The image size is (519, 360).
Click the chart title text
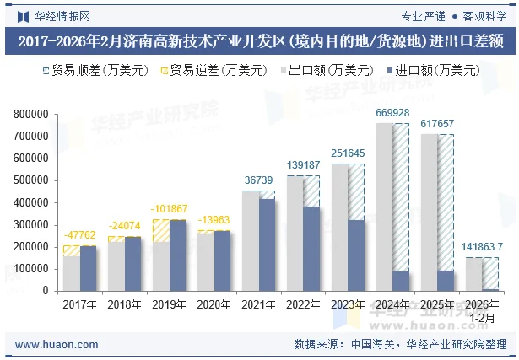coord(259,40)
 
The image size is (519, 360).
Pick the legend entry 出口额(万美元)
coord(332,71)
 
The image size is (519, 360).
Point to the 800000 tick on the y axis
coord(30,114)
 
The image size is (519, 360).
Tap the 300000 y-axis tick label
coord(30,224)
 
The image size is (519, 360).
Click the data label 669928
coord(392,113)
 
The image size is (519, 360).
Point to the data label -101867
coord(169,209)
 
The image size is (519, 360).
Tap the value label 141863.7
coord(483,247)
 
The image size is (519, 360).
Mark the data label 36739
coord(258,180)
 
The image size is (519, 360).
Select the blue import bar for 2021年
coord(268,244)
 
